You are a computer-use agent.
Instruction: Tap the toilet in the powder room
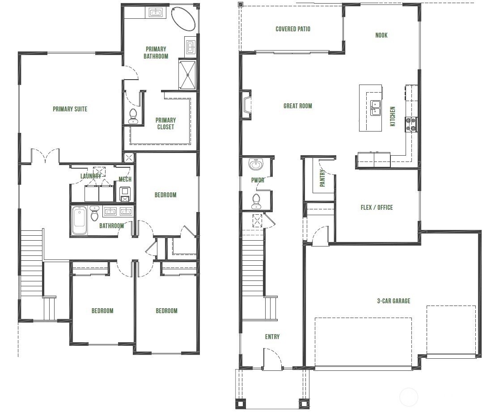(256, 201)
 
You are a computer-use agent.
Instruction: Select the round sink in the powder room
(256, 165)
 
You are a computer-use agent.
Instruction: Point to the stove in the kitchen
(411, 124)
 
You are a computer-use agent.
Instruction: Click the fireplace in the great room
(246, 105)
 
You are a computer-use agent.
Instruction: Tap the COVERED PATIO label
(292, 29)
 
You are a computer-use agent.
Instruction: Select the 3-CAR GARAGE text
(393, 301)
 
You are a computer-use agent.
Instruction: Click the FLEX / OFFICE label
(377, 208)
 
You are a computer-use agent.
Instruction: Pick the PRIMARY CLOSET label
(165, 123)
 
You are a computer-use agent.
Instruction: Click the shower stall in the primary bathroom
(187, 74)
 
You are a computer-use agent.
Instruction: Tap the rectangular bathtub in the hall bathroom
(80, 221)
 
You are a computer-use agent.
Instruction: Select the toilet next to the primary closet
(133, 116)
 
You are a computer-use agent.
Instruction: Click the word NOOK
(381, 35)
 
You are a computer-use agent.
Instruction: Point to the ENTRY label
(272, 337)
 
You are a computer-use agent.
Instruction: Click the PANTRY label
(322, 178)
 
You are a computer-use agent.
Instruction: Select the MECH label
(125, 179)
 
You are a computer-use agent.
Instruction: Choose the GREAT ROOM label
(297, 106)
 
